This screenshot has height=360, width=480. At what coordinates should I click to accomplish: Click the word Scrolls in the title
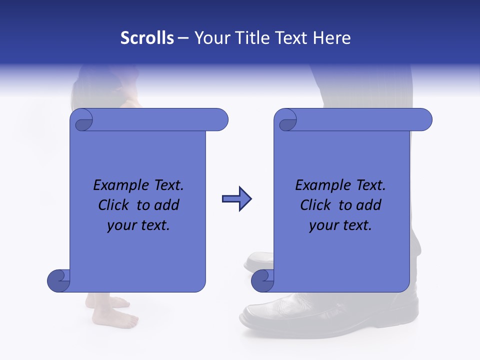(147, 38)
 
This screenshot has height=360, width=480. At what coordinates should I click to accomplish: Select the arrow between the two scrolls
(236, 199)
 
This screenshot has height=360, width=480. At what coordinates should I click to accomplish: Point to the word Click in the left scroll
(114, 205)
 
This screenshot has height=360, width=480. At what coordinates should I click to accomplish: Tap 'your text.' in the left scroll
(138, 225)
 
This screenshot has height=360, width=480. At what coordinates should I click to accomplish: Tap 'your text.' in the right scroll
(340, 225)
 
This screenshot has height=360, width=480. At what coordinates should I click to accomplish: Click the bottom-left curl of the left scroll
(58, 280)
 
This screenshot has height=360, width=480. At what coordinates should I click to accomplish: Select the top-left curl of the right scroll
(286, 120)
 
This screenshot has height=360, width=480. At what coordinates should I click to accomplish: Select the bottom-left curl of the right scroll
(262, 280)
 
